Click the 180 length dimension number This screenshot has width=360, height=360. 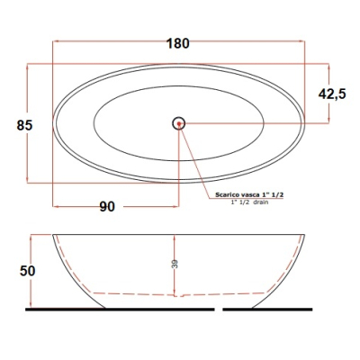(178, 43)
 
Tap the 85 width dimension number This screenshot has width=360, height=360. (24, 125)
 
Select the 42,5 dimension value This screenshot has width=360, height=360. (332, 94)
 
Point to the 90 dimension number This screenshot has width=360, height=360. (107, 207)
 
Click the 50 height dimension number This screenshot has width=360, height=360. (28, 271)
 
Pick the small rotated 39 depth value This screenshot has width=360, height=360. (175, 264)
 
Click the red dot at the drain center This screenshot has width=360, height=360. (179, 123)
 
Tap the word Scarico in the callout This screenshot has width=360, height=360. (226, 195)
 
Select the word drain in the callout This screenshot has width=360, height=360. (261, 202)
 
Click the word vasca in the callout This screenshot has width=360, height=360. (246, 195)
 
